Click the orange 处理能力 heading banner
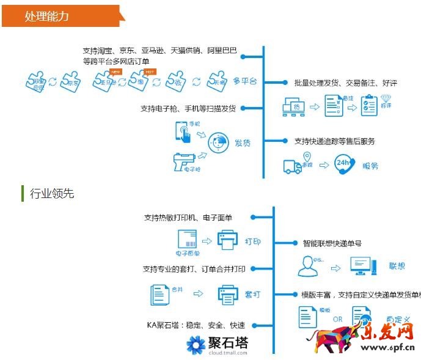[x=61, y=16]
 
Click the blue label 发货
[x=243, y=144]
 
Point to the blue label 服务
[x=370, y=166]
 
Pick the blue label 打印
[x=252, y=241]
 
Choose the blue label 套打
[x=252, y=295]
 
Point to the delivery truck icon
[x=293, y=166]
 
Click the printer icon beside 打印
[x=227, y=240]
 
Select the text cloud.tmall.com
[x=227, y=353]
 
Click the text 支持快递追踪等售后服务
[x=334, y=141]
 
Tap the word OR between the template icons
[x=337, y=318]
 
